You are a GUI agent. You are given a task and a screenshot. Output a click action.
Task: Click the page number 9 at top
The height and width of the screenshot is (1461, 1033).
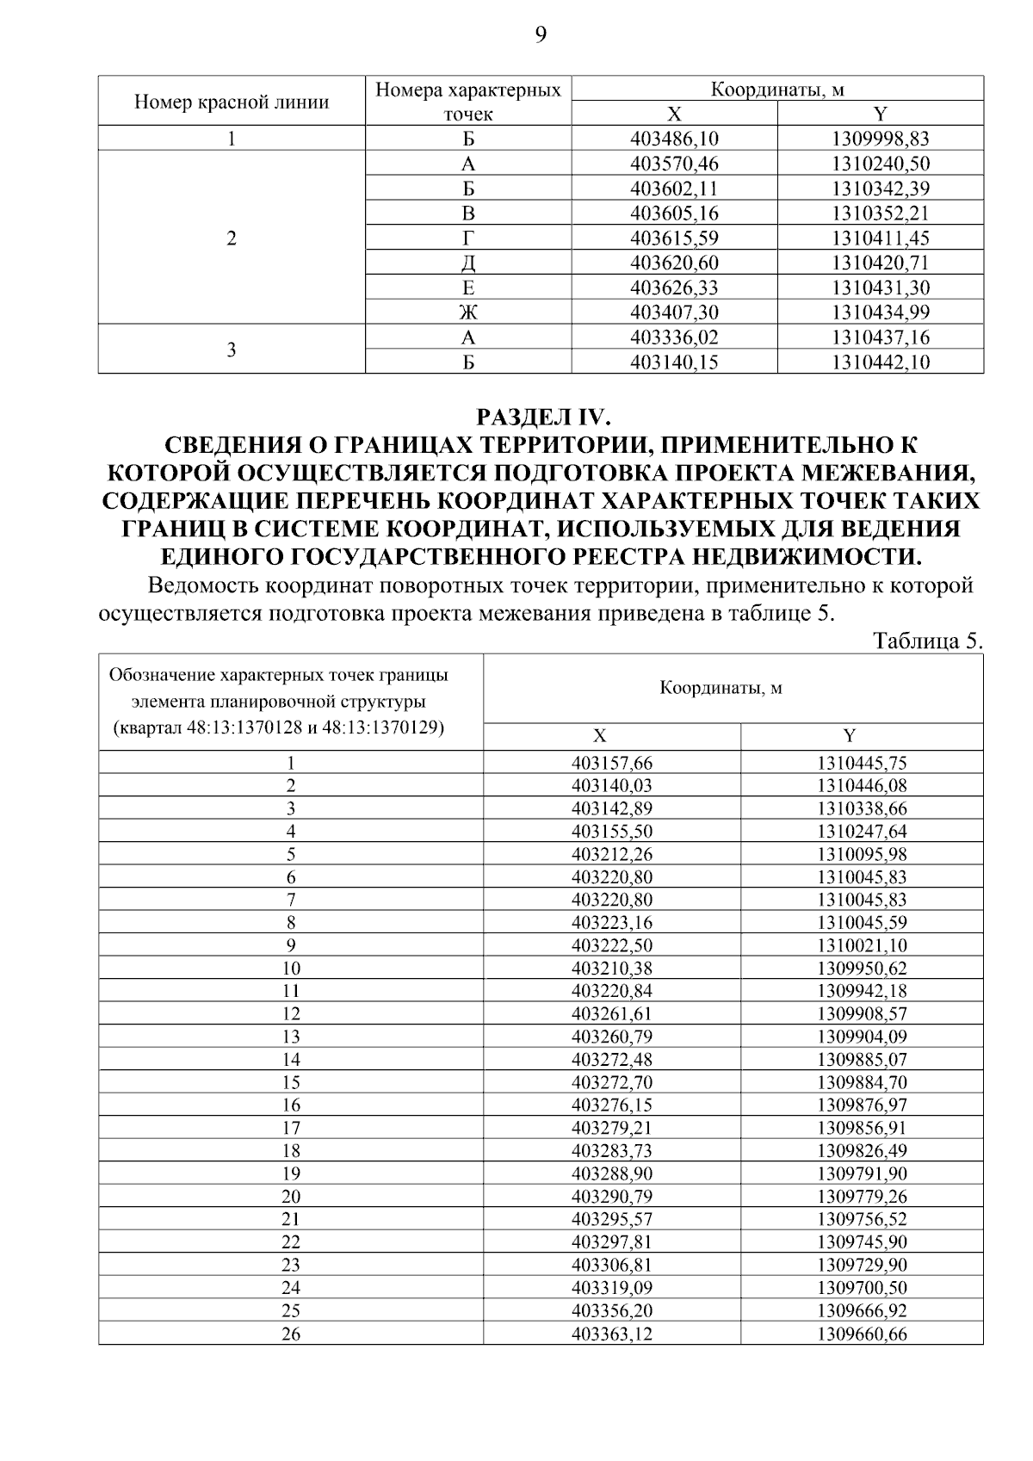click(540, 34)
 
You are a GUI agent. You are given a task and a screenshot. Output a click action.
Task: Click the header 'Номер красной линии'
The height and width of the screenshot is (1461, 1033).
click(232, 102)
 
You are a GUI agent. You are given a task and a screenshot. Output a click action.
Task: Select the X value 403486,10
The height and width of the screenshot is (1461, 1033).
click(674, 139)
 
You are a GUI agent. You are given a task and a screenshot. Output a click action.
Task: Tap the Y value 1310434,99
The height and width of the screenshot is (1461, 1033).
click(880, 313)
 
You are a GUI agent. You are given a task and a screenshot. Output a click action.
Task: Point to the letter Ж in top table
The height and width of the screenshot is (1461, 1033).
click(468, 313)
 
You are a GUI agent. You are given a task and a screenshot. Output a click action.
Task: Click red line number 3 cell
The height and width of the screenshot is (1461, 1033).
click(232, 350)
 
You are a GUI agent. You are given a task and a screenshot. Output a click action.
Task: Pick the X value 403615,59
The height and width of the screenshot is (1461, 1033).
click(674, 238)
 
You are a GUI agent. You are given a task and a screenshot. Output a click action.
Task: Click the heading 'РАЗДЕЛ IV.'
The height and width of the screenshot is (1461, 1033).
click(542, 418)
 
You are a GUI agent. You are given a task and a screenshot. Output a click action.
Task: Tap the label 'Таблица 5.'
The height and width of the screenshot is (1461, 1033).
click(927, 641)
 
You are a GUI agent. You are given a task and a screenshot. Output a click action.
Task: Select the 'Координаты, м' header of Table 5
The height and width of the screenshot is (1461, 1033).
click(721, 689)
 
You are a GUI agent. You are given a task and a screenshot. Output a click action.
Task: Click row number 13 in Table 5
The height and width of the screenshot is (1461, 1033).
click(291, 1037)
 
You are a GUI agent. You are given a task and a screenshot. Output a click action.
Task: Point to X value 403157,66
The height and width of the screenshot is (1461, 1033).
click(611, 763)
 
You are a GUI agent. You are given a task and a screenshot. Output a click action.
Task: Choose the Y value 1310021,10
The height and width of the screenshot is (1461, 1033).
click(861, 945)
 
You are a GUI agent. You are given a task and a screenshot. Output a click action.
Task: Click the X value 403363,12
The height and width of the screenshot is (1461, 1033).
click(611, 1334)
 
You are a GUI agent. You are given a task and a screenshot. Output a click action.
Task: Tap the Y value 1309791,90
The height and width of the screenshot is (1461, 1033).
click(861, 1173)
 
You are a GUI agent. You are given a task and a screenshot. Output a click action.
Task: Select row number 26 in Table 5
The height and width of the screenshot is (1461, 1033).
click(291, 1334)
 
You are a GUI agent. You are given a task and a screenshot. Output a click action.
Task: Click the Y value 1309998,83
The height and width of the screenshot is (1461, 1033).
click(880, 139)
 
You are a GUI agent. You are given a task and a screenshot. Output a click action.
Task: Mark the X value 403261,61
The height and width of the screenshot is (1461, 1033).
click(611, 1013)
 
